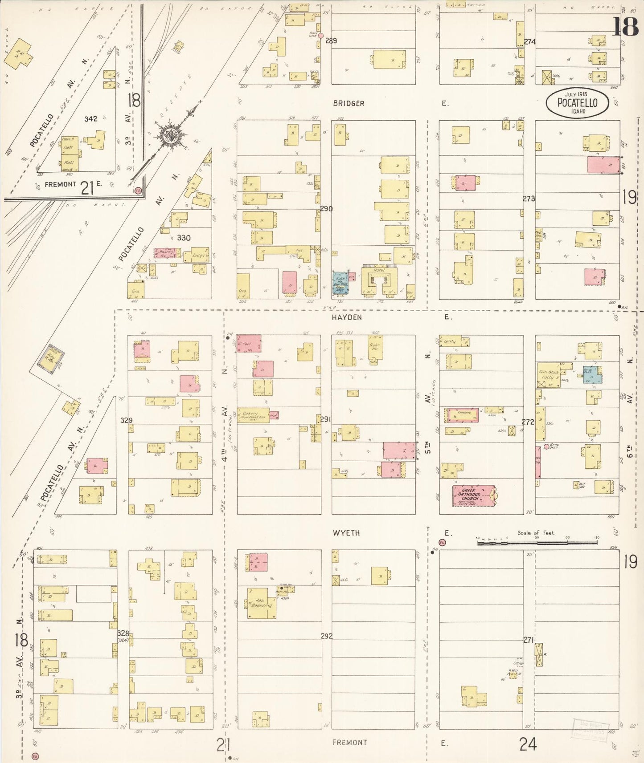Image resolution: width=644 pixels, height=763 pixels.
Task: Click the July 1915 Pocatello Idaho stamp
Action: (x=577, y=103)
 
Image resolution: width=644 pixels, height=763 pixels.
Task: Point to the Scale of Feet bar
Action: (x=537, y=543)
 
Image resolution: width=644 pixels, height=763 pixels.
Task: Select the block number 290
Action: (x=326, y=208)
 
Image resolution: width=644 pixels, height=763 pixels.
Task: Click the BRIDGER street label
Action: (x=349, y=103)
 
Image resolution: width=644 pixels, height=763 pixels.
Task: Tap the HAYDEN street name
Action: (x=347, y=317)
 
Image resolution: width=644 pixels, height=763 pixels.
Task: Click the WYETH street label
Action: (x=346, y=533)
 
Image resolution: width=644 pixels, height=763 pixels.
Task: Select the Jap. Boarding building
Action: (x=262, y=603)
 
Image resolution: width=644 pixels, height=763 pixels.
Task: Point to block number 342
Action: (x=91, y=119)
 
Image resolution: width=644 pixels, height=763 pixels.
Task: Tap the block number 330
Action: (x=184, y=238)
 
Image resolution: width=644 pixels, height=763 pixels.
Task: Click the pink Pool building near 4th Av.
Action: (x=249, y=344)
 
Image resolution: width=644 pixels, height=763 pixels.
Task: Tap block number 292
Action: (x=327, y=636)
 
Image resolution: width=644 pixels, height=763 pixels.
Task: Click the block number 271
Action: (x=528, y=640)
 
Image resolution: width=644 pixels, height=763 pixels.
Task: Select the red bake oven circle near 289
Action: (x=320, y=35)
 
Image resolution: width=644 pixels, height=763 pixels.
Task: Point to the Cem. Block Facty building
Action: (x=549, y=375)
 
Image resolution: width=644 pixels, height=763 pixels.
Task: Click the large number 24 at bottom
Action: (x=528, y=744)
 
